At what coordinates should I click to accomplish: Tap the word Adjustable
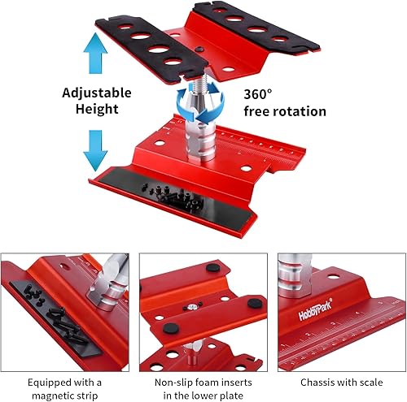click(97, 92)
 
